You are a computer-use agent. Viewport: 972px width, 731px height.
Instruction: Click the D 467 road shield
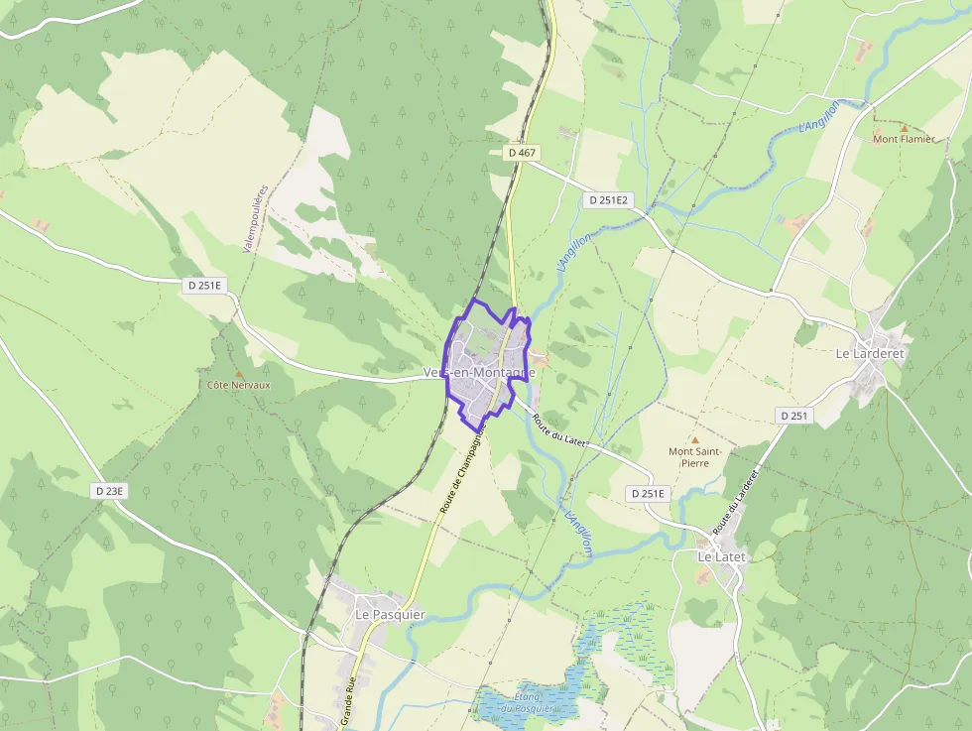[x=522, y=153]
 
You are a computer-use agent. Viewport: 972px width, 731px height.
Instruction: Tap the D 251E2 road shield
[x=607, y=199]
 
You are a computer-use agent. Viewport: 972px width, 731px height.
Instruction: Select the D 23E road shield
[x=110, y=490]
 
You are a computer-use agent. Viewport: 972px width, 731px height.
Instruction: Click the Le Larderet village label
[x=871, y=353]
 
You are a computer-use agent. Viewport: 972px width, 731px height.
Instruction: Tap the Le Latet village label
[x=721, y=556]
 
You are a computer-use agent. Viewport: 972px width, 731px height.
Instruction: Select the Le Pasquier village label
[x=390, y=614]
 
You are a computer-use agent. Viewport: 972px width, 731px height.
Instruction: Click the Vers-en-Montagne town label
[x=479, y=372]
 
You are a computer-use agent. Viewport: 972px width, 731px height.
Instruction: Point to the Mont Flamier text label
[x=904, y=139]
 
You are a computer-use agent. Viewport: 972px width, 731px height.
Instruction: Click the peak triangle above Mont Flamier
[x=904, y=127]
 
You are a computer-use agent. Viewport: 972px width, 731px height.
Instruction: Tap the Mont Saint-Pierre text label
[x=694, y=457]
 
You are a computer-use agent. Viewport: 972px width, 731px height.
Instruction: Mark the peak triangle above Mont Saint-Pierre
[x=694, y=439]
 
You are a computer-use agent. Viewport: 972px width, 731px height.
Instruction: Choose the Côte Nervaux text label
[x=238, y=384]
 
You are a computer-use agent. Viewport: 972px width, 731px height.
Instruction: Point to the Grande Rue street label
[x=349, y=702]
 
